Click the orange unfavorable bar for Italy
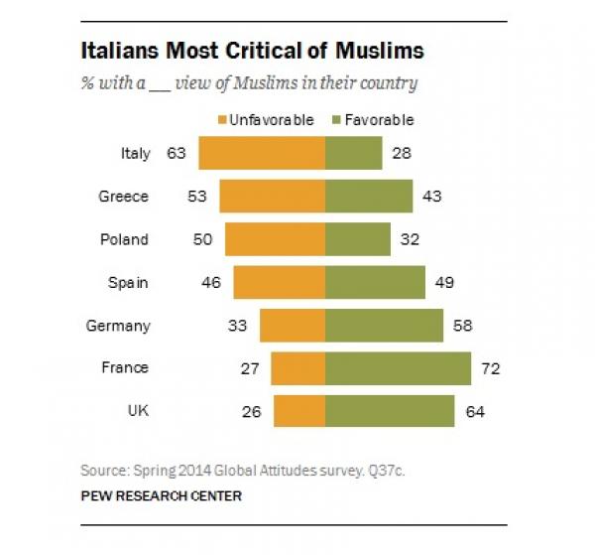point(262,154)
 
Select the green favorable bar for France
point(398,367)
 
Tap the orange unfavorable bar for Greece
point(273,197)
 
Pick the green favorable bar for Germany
point(384,325)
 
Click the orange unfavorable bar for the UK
point(299,410)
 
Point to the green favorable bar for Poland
point(358,239)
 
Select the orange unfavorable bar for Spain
point(279,282)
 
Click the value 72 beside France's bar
point(488,368)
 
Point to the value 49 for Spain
point(443,282)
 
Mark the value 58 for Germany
point(461,325)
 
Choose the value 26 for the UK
point(251,410)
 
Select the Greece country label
point(124,197)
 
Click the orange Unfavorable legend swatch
point(222,120)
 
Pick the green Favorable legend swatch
point(338,120)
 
